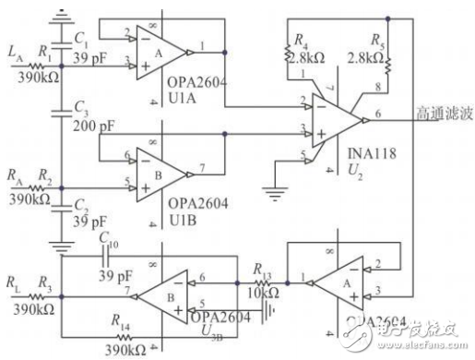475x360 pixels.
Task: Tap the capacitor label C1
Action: coord(82,40)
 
